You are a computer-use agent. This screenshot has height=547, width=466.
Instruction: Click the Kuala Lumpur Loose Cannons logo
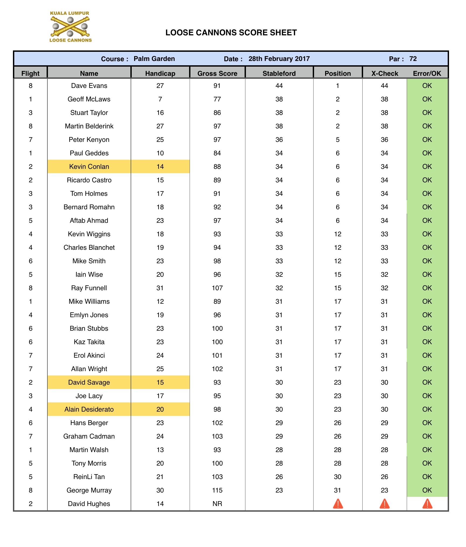point(70,27)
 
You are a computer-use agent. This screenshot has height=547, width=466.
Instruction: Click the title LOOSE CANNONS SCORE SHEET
point(231,33)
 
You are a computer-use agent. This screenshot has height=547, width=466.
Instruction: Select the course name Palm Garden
point(154,59)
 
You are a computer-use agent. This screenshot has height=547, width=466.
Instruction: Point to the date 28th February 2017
point(279,59)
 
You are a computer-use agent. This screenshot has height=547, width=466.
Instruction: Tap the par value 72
point(413,59)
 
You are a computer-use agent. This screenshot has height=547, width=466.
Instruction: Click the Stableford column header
point(279,73)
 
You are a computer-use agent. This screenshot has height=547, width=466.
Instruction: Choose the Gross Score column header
point(217,73)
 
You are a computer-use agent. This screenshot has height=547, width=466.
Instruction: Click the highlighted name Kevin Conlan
point(89,167)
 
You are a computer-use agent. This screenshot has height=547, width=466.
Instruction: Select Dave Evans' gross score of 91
point(217,86)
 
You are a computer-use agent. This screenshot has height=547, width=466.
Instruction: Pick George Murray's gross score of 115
point(217,490)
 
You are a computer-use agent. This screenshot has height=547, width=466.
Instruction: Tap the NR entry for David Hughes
point(217,504)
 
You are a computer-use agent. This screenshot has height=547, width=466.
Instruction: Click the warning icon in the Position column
point(338,504)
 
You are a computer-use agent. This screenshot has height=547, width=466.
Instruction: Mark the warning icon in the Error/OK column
point(427,504)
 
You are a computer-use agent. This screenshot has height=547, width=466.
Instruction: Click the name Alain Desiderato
point(89,409)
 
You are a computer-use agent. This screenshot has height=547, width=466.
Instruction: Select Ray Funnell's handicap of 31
point(160,288)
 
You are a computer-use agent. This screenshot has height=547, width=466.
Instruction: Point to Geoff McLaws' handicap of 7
point(160,99)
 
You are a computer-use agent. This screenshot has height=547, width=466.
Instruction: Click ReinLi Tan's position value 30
point(338,477)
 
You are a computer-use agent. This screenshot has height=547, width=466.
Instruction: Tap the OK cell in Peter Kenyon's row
point(427,140)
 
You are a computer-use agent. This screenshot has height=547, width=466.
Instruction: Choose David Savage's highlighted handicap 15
point(160,382)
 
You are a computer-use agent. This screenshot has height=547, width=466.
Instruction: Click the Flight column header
point(30,73)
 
